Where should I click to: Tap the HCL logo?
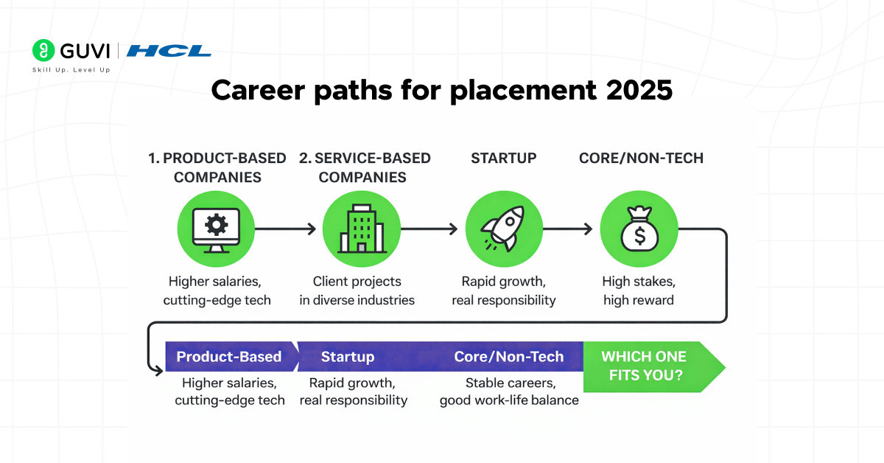pyautogui.click(x=169, y=51)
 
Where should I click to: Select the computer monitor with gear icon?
pyautogui.click(x=216, y=229)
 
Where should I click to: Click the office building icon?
pyautogui.click(x=361, y=229)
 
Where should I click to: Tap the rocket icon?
pyautogui.click(x=504, y=229)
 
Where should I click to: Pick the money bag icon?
pyautogui.click(x=639, y=229)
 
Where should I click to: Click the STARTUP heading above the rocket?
pyautogui.click(x=504, y=158)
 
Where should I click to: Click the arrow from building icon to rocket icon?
pyautogui.click(x=429, y=229)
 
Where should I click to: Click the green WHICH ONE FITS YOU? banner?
pyautogui.click(x=648, y=366)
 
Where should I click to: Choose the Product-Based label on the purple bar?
pyautogui.click(x=229, y=357)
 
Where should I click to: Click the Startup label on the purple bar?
pyautogui.click(x=348, y=357)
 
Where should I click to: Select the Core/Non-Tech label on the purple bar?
pyautogui.click(x=509, y=357)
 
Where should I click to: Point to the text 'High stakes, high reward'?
pyautogui.click(x=639, y=290)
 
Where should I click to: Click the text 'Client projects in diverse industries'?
pyautogui.click(x=357, y=290)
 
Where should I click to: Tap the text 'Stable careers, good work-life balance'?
pyautogui.click(x=509, y=391)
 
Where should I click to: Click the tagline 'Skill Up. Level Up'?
pyautogui.click(x=71, y=69)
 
